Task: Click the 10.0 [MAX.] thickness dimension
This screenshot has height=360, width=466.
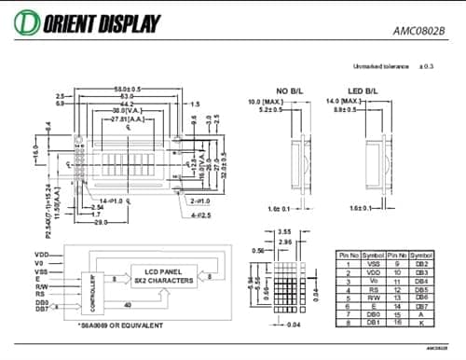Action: (x=265, y=101)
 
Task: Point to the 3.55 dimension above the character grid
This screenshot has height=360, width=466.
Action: (x=285, y=230)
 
